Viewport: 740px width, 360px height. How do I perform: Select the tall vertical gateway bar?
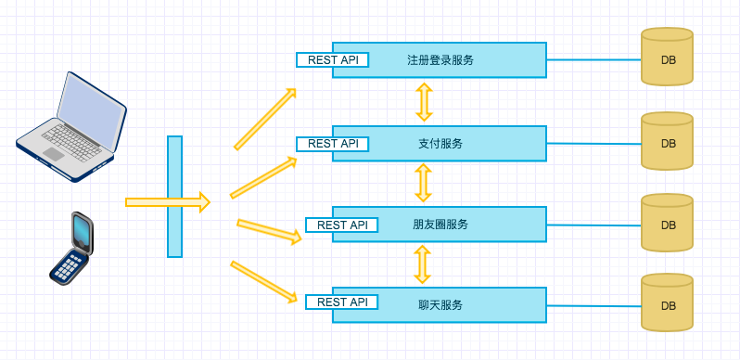tap(174, 197)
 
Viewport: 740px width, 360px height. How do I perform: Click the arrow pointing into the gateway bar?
tap(167, 201)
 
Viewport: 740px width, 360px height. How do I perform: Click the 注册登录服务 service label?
tap(440, 60)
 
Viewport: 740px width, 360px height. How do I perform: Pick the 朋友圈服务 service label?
tap(440, 225)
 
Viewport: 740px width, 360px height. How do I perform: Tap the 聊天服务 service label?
tap(440, 304)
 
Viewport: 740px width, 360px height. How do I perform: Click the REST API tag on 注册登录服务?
tap(332, 59)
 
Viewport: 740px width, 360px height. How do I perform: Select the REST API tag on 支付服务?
tap(332, 144)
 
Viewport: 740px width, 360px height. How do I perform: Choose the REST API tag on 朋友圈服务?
tap(342, 225)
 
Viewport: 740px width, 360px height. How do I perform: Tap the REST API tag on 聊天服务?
tap(342, 302)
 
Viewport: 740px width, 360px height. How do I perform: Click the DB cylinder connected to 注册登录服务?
tap(668, 58)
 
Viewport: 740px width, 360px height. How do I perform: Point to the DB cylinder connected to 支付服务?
tap(668, 142)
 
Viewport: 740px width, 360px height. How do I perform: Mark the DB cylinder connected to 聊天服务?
tap(668, 303)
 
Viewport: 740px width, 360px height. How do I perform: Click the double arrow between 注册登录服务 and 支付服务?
tap(424, 102)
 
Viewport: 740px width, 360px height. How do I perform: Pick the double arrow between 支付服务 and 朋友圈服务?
tap(424, 183)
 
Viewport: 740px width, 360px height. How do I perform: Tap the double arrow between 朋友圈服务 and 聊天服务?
tap(423, 264)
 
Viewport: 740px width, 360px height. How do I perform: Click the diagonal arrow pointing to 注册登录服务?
tap(265, 119)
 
